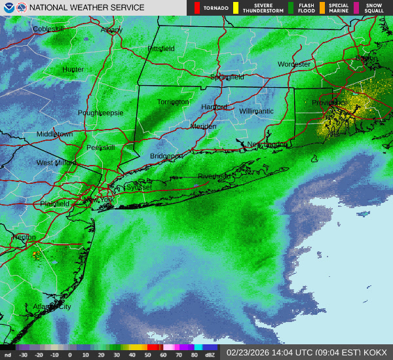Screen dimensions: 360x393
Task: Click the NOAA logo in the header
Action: click(8, 7)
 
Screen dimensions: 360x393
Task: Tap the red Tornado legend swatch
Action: click(197, 8)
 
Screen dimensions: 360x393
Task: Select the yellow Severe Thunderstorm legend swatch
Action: click(235, 8)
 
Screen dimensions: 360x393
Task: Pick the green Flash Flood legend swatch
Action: click(290, 8)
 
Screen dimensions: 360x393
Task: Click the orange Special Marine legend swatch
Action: click(322, 8)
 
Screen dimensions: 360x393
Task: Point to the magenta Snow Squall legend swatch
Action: click(356, 8)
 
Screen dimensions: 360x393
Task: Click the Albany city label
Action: click(112, 30)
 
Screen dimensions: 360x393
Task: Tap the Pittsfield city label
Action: click(161, 49)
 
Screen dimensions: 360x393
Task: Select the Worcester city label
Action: click(293, 64)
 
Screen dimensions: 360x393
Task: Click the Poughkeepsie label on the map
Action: click(100, 113)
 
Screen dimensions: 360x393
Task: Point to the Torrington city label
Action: click(173, 102)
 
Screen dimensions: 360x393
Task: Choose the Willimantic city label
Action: click(256, 111)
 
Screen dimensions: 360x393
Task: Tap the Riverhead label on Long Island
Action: click(214, 176)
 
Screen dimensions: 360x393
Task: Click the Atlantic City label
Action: click(52, 306)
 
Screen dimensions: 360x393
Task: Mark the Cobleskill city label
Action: click(49, 29)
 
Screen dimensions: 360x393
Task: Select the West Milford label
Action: click(56, 163)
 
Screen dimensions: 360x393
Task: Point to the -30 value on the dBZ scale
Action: click(24, 355)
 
